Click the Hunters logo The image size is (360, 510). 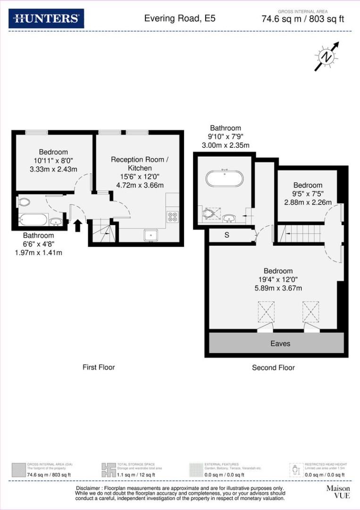coord(46,18)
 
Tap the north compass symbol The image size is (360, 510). coord(327,57)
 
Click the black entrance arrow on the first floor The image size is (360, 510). coord(77,226)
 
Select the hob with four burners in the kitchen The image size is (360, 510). coord(172,217)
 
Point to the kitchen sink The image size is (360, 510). coord(151,235)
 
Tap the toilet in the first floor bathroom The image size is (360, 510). coord(24,202)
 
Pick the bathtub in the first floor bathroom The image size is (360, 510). coord(33,220)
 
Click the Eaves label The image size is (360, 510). coord(280,344)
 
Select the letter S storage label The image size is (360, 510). coord(226,235)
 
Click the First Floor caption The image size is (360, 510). coord(99,367)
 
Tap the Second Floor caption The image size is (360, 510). coord(273,367)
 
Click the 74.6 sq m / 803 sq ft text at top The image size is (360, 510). coord(302,19)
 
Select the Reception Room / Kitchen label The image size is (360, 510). coord(140,164)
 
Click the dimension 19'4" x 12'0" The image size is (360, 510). coord(278,280)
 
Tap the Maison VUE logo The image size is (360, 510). coord(338,492)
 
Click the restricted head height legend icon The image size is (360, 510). coord(296,469)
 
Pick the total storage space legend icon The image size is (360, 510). coord(109,469)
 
